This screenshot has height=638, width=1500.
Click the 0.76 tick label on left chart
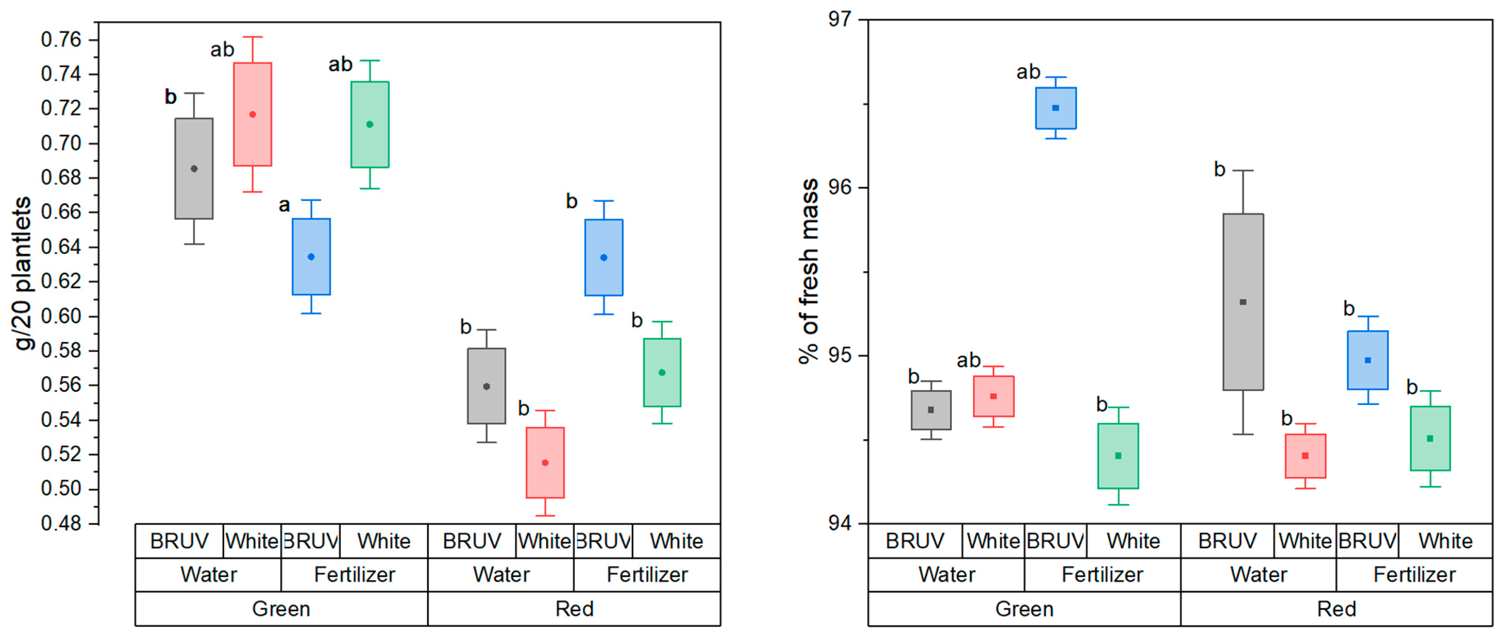tap(61, 40)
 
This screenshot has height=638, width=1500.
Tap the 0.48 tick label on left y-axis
tap(61, 523)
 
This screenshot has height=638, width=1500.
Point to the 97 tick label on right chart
tap(839, 19)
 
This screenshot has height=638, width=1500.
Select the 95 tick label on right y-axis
tap(839, 356)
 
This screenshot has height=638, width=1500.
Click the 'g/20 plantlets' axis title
tap(23, 274)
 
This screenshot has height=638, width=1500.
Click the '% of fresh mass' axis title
tap(808, 271)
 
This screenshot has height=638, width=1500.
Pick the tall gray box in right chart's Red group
tap(1243, 302)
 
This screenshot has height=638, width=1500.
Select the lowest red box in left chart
tap(545, 463)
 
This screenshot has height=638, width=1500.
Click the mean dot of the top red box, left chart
tap(253, 114)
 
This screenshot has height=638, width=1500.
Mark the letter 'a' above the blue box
tap(284, 205)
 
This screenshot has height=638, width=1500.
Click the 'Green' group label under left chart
tap(281, 609)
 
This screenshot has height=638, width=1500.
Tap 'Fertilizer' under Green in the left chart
tap(354, 575)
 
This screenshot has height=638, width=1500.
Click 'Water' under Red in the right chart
tap(1258, 575)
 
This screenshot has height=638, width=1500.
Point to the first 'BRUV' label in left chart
tap(179, 541)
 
